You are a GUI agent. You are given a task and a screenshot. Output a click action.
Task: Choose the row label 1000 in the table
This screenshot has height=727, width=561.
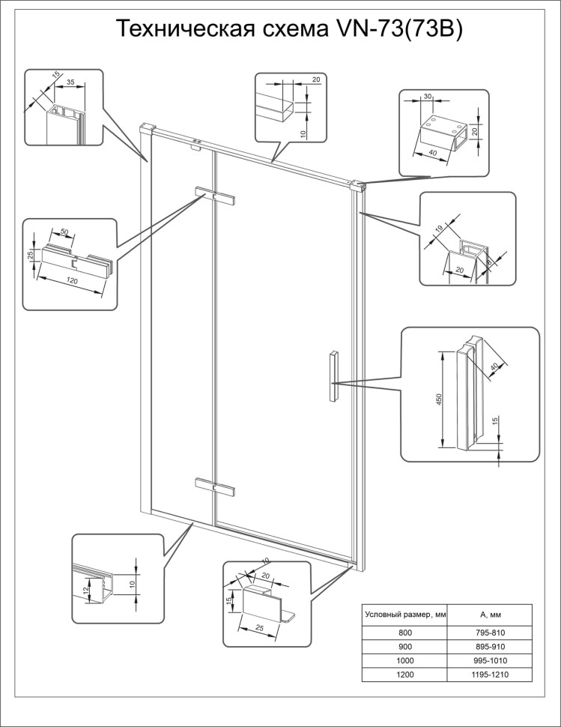(x=405, y=661)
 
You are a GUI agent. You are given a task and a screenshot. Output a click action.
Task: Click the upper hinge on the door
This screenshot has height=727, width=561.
(x=216, y=196)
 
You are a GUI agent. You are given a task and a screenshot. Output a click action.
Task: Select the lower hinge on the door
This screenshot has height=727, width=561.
(x=216, y=487)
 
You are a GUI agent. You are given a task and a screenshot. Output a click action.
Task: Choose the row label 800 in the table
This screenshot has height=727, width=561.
(x=405, y=633)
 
